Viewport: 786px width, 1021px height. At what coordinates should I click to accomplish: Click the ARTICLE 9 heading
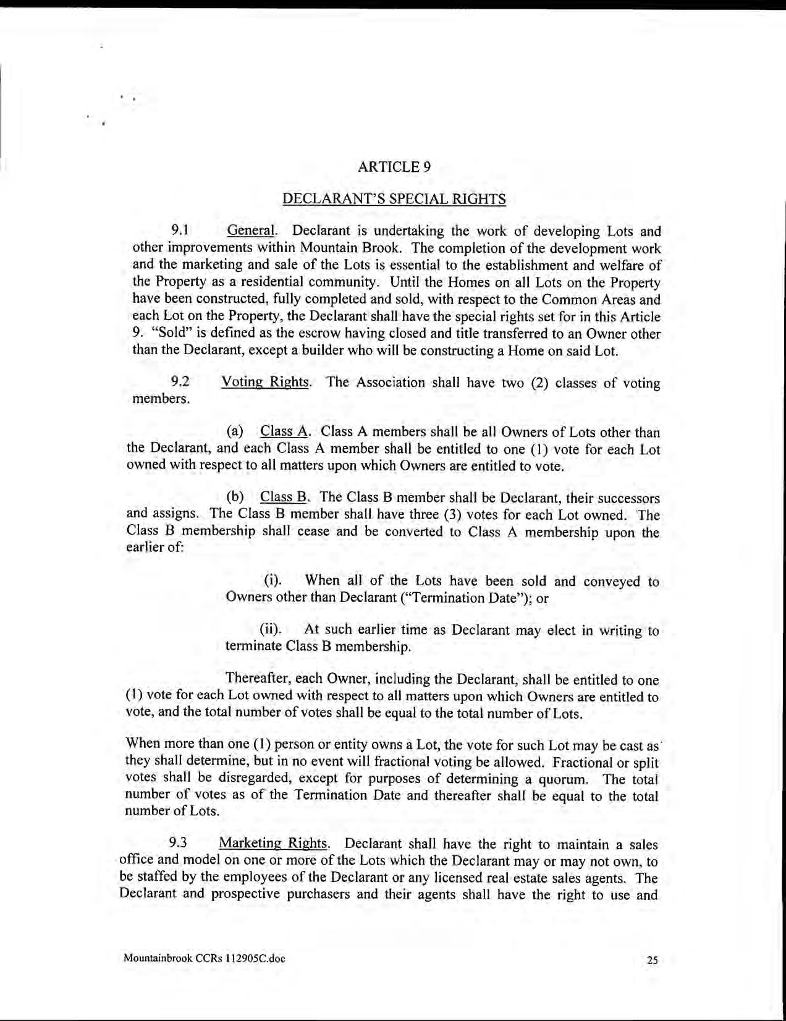tap(394, 167)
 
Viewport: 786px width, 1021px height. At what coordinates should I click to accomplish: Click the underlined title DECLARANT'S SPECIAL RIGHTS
tap(394, 199)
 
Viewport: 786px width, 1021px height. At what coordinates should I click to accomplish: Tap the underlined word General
tap(250, 231)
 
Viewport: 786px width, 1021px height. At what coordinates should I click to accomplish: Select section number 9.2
tap(179, 382)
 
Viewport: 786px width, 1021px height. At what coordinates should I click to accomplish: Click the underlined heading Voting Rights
tap(264, 382)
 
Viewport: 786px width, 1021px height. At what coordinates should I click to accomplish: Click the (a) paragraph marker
tap(235, 431)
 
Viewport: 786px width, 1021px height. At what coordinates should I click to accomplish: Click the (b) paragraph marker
tap(235, 498)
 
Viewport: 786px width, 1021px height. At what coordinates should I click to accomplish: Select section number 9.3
tap(178, 843)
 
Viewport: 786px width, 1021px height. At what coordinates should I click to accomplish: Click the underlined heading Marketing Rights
tap(273, 843)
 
